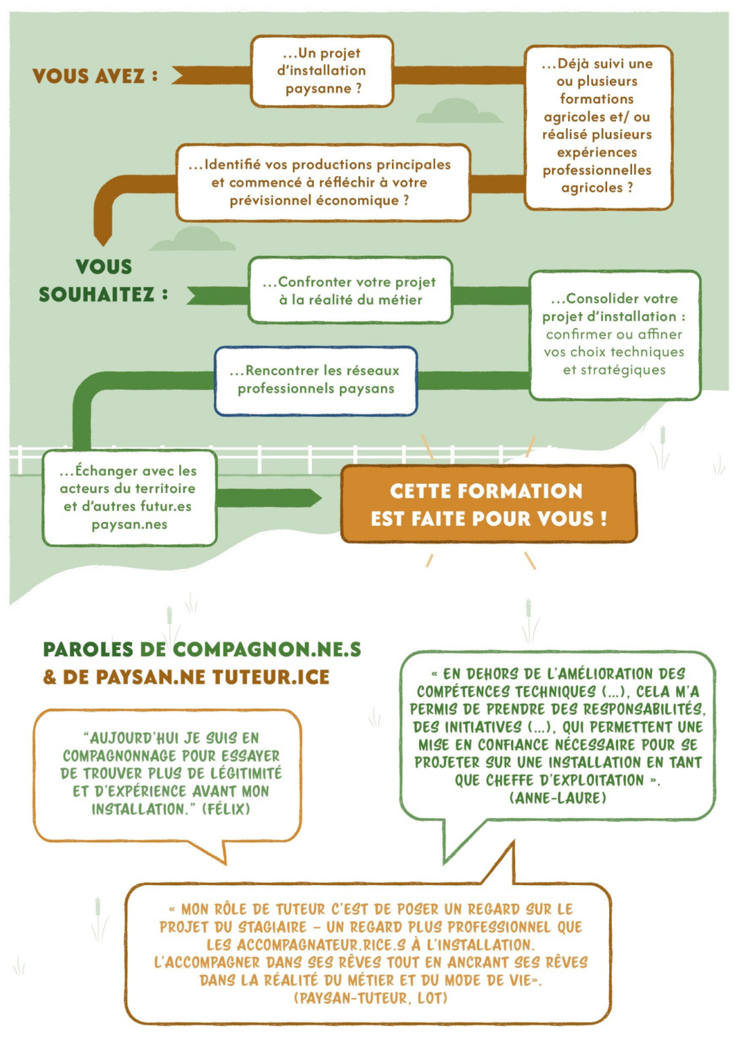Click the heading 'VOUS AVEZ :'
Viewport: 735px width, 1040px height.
coord(95,76)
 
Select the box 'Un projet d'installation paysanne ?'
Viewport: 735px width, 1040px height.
coord(322,71)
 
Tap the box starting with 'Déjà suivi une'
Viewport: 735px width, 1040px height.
coord(598,127)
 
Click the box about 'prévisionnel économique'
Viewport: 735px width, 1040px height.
coord(323,182)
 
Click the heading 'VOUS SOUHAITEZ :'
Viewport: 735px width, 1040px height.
coord(103,281)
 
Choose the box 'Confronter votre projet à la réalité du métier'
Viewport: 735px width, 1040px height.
coord(350,290)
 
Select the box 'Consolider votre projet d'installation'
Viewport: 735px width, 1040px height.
coord(615,334)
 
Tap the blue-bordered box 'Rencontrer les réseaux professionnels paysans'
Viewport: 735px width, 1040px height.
coord(315,381)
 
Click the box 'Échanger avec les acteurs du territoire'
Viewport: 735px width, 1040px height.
coord(129,498)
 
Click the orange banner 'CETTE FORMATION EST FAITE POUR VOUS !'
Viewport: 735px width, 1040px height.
coord(489,504)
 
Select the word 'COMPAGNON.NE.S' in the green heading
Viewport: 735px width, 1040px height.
coord(267,649)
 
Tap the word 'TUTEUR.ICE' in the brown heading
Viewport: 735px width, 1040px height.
coord(271,677)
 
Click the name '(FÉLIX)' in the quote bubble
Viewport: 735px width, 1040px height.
coord(226,809)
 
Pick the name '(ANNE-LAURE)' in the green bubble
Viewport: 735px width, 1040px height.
coord(558,798)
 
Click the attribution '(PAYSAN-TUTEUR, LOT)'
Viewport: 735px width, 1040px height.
coord(370,998)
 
